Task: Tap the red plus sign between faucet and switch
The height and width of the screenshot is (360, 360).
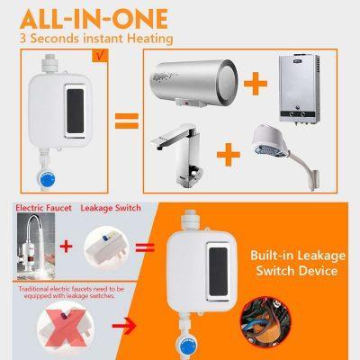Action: click(66, 245)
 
